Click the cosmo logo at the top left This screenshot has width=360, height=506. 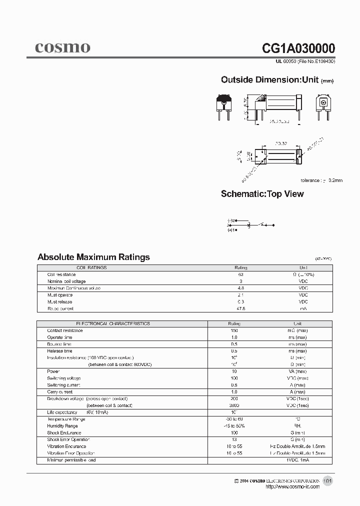pos(62,48)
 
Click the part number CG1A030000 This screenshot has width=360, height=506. pos(298,48)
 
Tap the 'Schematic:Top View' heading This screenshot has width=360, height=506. pos(262,194)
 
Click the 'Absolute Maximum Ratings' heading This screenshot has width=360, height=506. pos(93,257)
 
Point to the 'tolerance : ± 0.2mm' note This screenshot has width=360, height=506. pos(321,180)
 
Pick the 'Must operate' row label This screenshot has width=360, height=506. pos(60,295)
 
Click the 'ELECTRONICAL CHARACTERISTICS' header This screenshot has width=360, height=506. pos(112,324)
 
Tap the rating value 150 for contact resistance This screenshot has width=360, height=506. pos(234,330)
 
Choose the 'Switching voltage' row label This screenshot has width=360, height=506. pos(64,378)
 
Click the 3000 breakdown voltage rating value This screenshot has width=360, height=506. pos(234,405)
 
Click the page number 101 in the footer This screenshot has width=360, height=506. pos(327,481)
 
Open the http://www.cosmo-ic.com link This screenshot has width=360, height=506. pos(292,487)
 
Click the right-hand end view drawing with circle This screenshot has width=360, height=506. pos(324,106)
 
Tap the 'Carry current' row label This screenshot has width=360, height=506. pos(59,392)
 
